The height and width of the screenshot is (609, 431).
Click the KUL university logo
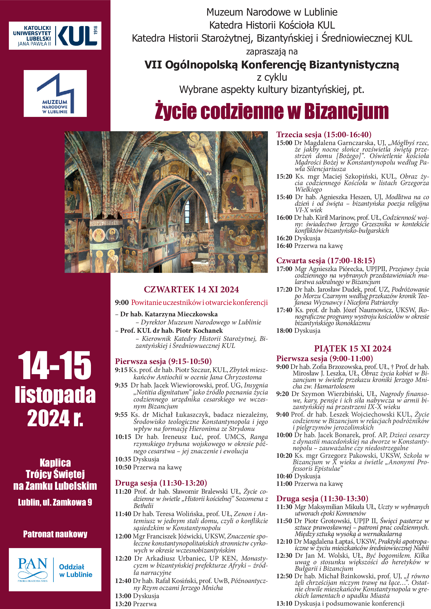pos(55,36)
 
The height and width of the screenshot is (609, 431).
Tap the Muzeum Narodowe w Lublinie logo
pos(55,93)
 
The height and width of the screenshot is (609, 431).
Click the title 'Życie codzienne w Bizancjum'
pos(272,111)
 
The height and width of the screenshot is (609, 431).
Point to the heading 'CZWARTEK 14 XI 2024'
pos(191,289)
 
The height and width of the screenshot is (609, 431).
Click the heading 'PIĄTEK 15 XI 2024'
pos(353,349)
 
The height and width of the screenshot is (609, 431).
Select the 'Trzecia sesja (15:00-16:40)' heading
pos(324,135)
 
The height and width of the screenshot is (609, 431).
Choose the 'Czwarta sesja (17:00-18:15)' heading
pos(325,260)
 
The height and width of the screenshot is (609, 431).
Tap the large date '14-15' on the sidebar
pos(55,366)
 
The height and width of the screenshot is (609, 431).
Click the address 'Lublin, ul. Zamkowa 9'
pos(55,502)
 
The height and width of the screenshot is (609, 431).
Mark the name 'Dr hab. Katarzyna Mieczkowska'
pos(169,314)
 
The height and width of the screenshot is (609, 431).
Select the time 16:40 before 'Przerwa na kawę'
pos(284,246)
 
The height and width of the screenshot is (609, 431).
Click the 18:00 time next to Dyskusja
pos(284,331)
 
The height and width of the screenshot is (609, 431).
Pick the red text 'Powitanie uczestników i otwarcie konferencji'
pos(199,303)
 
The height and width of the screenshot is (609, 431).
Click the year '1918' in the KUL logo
pos(96,30)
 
